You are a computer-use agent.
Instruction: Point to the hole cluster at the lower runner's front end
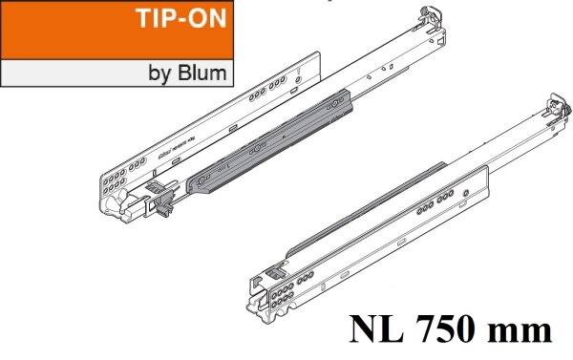(281, 291)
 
